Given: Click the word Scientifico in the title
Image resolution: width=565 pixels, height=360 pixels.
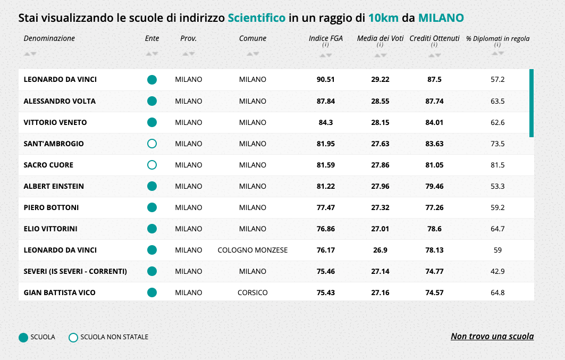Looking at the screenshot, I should coord(256,18).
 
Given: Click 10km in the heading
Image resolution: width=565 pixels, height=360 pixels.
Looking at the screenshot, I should coord(383,18).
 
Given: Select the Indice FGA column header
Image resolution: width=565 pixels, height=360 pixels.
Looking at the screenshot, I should coord(325,38).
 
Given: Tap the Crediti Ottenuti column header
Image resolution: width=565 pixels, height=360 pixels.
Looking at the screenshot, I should coord(434,38).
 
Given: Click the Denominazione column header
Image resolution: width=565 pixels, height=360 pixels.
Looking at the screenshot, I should coord(49,38).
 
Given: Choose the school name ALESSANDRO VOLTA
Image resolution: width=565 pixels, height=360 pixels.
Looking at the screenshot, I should coord(60,101).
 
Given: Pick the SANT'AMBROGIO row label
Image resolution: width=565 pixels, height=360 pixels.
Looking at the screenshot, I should coord(54,144).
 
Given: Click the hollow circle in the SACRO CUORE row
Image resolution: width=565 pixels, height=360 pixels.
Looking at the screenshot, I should coord(152,165).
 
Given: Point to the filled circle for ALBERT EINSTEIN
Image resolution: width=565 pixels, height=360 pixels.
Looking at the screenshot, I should coord(152,186).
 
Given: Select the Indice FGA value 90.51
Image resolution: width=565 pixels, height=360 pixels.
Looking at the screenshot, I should coord(325,80).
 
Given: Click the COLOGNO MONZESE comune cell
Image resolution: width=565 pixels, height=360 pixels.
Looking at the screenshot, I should coord(252,250).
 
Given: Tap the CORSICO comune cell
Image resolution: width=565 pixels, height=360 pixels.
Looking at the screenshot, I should coord(252,292).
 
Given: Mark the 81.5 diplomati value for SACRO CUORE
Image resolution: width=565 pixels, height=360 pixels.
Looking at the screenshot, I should coord(497,165).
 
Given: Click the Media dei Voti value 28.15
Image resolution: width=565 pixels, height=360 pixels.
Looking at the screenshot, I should coord(380,122).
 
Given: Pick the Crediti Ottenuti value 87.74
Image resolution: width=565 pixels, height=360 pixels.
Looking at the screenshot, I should coord(434,101).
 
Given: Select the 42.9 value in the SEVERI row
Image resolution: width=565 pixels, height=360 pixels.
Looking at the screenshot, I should coord(497,271).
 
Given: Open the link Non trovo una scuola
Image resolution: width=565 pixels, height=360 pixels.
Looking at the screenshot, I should coord(492,336).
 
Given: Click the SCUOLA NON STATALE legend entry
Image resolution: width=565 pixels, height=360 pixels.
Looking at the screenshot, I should coord(114,337).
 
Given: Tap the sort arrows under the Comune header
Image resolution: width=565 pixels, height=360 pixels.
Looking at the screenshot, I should coord(252,54).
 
